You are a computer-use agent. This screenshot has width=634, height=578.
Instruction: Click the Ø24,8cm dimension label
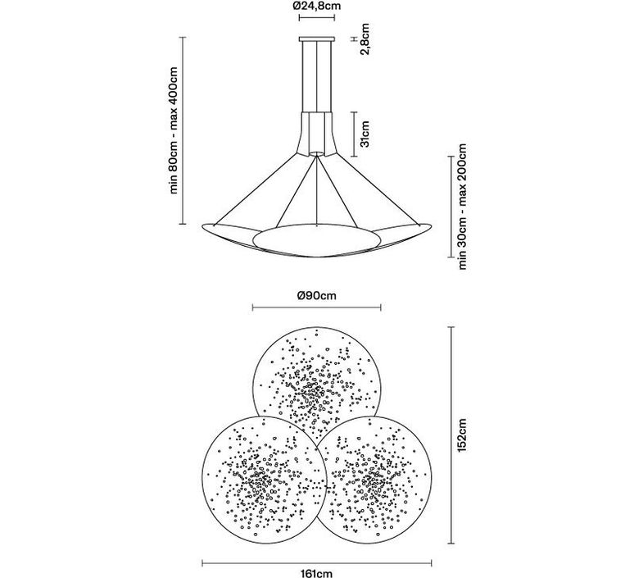coord(317,6)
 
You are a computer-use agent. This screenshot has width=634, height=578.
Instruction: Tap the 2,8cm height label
coord(365,39)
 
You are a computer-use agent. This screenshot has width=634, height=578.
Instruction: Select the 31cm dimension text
coord(365,134)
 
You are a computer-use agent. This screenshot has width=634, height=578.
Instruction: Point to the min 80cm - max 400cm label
coord(173,130)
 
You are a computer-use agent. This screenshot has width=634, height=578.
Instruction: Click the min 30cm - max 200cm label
coord(462,206)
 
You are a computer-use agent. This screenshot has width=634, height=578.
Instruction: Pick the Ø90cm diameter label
coord(317,295)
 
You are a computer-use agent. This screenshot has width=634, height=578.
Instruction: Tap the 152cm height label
coord(462,435)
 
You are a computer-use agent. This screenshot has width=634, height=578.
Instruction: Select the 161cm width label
coord(317,573)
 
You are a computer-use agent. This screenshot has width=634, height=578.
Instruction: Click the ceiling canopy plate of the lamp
coord(317,39)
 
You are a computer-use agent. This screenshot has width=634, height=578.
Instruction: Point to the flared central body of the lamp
coord(317,134)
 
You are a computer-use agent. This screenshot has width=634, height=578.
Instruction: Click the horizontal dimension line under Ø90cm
coord(317,308)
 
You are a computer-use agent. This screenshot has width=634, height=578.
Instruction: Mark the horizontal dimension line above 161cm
coord(317,563)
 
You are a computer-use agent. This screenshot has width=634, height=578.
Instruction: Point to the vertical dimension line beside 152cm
coord(451,435)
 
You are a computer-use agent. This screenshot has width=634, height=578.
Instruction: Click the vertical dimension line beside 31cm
coord(354,134)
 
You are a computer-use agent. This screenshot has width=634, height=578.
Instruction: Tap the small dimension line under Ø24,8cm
coord(317,17)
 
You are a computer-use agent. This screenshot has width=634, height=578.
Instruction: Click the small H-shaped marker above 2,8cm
coord(354,39)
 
